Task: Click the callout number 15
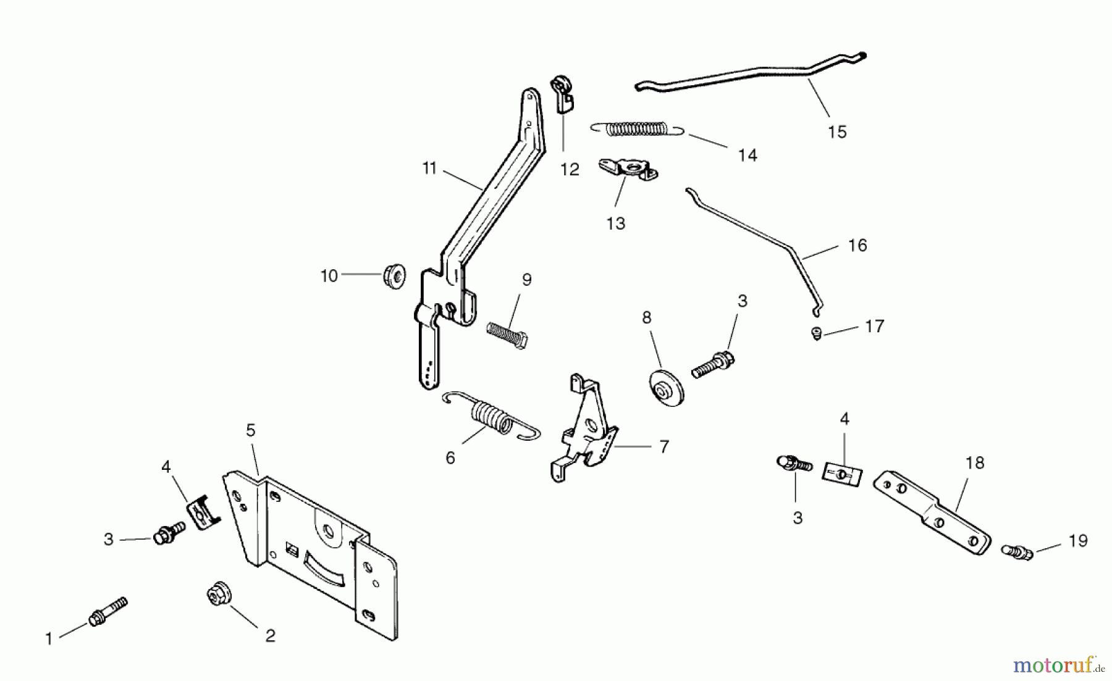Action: [x=837, y=132]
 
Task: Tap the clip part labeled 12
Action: [x=562, y=92]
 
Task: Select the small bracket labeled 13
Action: [x=627, y=169]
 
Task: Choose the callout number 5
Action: [x=250, y=430]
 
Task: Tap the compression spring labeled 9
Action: [x=507, y=336]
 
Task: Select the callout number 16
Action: [x=857, y=246]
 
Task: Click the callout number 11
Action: [x=429, y=169]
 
